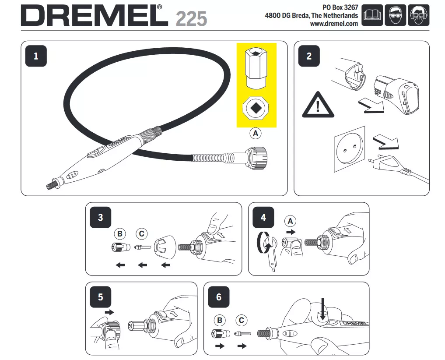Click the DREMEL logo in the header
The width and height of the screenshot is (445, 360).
click(94, 16)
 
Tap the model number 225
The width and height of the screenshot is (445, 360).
click(191, 18)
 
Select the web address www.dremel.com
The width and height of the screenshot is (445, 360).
click(334, 24)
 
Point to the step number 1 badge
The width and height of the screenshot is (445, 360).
click(36, 56)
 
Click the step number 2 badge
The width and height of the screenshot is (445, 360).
click(309, 56)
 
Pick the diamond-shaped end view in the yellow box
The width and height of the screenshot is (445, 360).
click(256, 107)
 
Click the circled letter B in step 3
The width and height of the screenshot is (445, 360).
click(119, 233)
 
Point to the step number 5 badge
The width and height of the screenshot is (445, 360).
click(100, 297)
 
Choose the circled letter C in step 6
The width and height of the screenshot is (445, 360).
click(242, 320)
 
